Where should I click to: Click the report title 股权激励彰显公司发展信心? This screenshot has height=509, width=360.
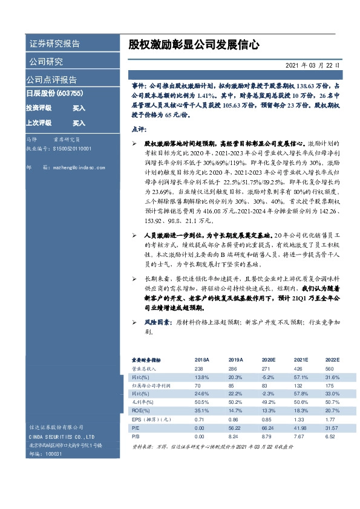click(194, 44)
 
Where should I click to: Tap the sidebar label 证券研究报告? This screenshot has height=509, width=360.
click(54, 44)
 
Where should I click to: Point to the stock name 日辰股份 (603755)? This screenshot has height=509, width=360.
click(54, 94)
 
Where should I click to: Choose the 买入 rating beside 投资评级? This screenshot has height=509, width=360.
click(79, 108)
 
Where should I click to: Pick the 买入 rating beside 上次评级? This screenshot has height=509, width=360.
click(79, 123)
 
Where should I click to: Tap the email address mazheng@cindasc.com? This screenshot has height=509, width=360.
click(79, 165)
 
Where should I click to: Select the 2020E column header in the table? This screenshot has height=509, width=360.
click(268, 358)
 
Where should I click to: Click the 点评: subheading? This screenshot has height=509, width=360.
click(139, 129)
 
